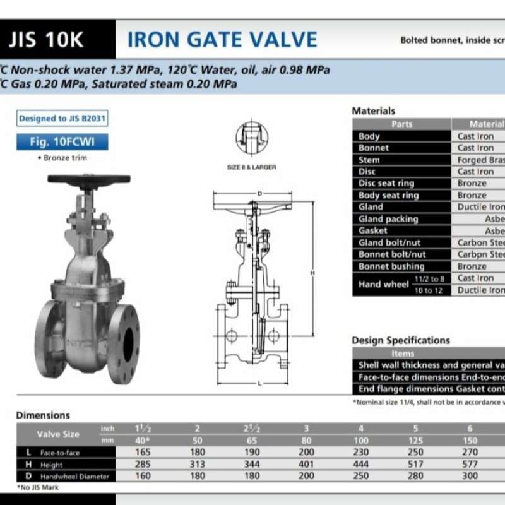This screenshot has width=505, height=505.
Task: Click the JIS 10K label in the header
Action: coord(46,40)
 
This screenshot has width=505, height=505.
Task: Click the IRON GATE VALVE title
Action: coord(222,40)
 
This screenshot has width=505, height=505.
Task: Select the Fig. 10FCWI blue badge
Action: coord(62,142)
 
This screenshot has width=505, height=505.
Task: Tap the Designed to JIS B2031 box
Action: coord(61,118)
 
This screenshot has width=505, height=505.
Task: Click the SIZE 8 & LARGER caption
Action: coord(251,167)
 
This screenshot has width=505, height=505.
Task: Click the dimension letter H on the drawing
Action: coord(313,272)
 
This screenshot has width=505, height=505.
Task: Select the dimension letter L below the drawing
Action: coord(259,383)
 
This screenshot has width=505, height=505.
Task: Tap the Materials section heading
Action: coord(373,111)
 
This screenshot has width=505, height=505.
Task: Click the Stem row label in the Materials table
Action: coord(369,160)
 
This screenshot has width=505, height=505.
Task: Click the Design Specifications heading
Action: coord(401,340)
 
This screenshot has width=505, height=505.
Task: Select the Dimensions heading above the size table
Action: coord(43,415)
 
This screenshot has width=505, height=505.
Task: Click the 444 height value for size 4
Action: coord(360,465)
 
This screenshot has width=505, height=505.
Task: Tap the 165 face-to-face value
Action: coord(143,453)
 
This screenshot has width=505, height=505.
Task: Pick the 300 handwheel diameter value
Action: coord(469,476)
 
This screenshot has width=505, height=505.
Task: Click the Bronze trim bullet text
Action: coord(62,158)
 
